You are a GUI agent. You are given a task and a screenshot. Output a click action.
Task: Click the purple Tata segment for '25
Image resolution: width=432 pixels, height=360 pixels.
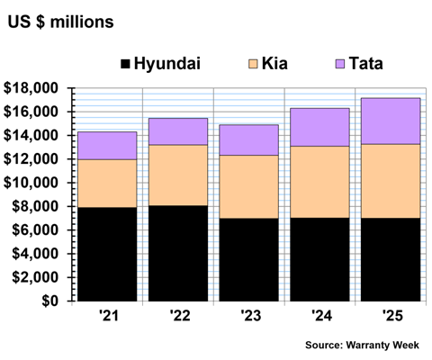(x=391, y=121)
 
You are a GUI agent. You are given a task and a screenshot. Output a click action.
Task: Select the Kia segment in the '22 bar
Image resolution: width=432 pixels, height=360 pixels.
(x=178, y=175)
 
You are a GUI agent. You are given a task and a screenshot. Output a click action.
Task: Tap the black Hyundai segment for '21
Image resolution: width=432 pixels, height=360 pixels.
(x=107, y=254)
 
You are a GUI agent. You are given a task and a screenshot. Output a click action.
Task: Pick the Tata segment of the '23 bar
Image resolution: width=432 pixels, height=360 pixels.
(x=248, y=140)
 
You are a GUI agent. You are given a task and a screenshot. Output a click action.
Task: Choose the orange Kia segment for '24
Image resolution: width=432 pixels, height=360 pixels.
(x=319, y=182)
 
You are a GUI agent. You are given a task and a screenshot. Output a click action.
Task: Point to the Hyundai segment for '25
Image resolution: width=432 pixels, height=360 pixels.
(x=391, y=259)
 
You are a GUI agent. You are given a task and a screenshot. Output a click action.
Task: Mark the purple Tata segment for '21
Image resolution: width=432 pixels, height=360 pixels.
(x=107, y=146)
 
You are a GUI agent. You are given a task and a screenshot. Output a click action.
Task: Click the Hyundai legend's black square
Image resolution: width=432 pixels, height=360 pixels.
(x=125, y=64)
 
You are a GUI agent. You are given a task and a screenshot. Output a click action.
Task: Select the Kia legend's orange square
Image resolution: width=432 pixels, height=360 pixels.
(x=253, y=64)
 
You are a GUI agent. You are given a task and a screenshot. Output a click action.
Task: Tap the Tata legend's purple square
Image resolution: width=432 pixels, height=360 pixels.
(x=340, y=64)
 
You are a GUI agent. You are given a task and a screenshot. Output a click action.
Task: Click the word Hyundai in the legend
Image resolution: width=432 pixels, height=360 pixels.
(x=167, y=64)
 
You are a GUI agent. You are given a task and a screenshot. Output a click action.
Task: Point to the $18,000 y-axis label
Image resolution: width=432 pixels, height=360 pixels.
(x=31, y=88)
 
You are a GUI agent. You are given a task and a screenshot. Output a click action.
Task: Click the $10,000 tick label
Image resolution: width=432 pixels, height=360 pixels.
(x=31, y=183)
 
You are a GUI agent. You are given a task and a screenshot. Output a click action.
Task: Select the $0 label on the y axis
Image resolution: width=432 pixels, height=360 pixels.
(x=49, y=301)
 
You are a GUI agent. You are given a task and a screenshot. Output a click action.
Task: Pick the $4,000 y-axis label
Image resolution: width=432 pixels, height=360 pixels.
(x=35, y=254)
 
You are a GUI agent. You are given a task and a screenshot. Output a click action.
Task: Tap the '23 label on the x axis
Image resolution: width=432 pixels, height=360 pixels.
(x=251, y=316)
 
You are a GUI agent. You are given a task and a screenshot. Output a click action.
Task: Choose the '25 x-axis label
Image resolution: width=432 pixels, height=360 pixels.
(x=392, y=316)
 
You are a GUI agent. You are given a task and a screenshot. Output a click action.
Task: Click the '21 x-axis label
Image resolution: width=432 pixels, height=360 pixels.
(x=109, y=316)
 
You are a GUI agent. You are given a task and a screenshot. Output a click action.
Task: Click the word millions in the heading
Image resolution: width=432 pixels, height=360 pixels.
(x=82, y=22)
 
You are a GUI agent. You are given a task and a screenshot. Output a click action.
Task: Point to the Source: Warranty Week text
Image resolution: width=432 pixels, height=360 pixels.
(x=362, y=345)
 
